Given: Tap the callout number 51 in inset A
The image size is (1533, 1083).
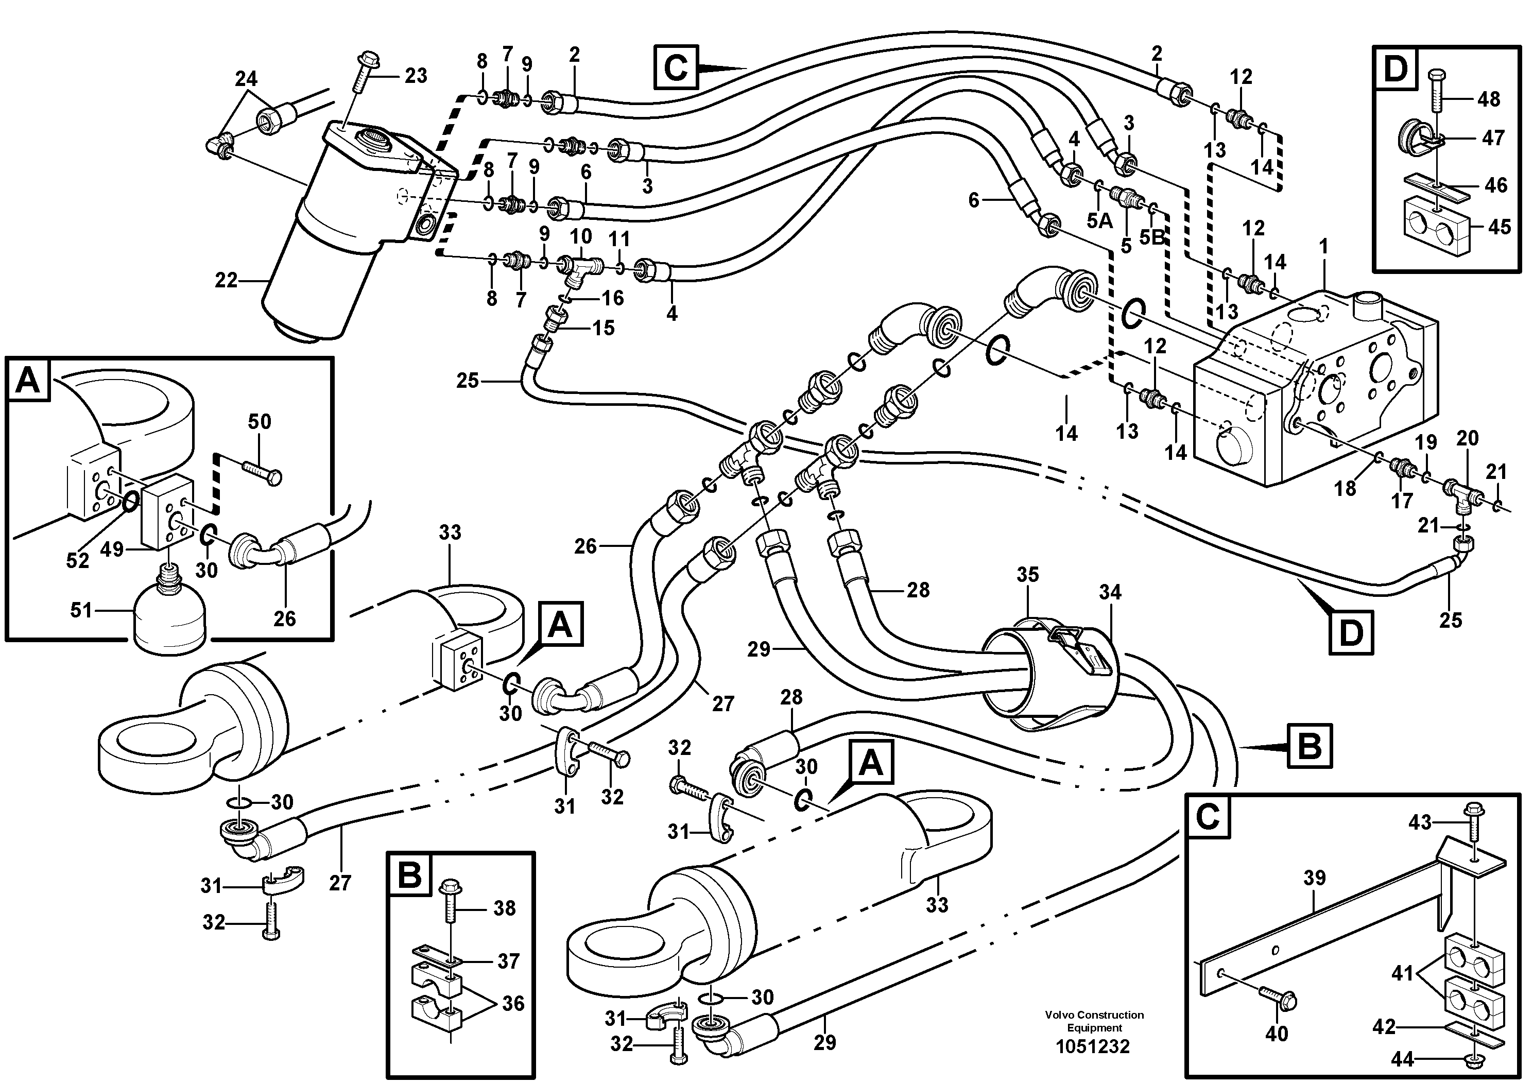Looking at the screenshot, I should click(81, 610).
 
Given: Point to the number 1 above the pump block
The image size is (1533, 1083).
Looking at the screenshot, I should click(1323, 246).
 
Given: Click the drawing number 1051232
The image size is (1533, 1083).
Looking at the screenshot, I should click(1093, 1046).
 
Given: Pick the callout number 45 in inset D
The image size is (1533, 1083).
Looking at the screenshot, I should click(1499, 227).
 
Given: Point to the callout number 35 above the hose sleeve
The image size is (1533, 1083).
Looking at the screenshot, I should click(1027, 574).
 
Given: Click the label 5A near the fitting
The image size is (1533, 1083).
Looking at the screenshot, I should click(1099, 220).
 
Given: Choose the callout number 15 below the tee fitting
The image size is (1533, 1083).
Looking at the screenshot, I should click(603, 328).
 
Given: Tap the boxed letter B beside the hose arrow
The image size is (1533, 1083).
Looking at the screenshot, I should click(1308, 746).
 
